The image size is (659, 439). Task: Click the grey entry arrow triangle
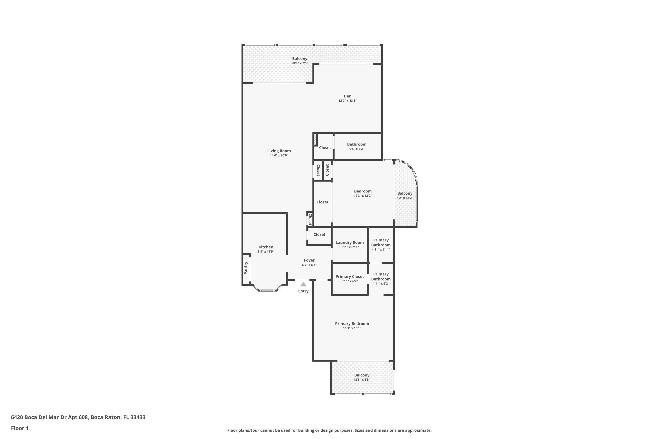(303, 284)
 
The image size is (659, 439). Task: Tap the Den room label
(348, 96)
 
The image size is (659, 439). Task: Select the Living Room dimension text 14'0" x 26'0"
(279, 155)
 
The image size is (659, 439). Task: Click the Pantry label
(246, 268)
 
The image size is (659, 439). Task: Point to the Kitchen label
(266, 247)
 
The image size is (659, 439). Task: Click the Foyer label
(309, 260)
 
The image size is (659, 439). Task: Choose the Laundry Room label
(349, 243)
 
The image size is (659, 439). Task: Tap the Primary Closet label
(349, 276)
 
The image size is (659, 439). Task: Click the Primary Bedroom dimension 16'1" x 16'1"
(352, 328)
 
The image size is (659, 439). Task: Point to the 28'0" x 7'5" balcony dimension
(300, 63)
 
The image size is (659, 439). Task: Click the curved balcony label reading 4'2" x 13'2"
(405, 198)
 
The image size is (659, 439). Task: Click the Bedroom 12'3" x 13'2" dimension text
(363, 196)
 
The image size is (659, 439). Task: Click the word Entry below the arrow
(303, 291)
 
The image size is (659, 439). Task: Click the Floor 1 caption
(20, 428)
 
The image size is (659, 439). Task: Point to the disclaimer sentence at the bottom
(329, 430)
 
